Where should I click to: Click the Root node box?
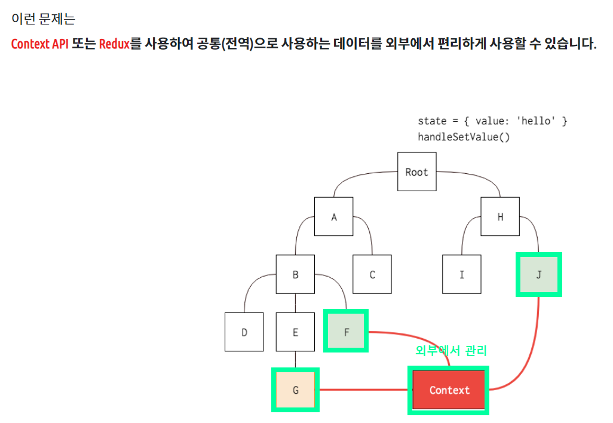point(416,172)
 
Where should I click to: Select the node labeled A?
point(334,217)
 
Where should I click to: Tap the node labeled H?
point(500,217)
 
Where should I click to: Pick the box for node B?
point(295,275)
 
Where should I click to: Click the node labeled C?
point(372,275)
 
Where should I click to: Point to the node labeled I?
point(462,275)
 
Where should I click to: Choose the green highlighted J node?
point(538,274)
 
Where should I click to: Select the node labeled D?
point(244,332)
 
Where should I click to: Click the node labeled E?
point(295,332)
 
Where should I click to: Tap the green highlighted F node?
point(346,332)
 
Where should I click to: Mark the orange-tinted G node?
point(295,390)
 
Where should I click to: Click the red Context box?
point(449,390)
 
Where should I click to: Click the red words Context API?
point(40,44)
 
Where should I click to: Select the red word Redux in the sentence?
point(114,44)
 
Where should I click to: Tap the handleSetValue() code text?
point(464,137)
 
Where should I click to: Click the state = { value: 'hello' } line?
point(492,121)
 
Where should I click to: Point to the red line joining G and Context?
point(364,390)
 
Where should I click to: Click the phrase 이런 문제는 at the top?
point(43,19)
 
